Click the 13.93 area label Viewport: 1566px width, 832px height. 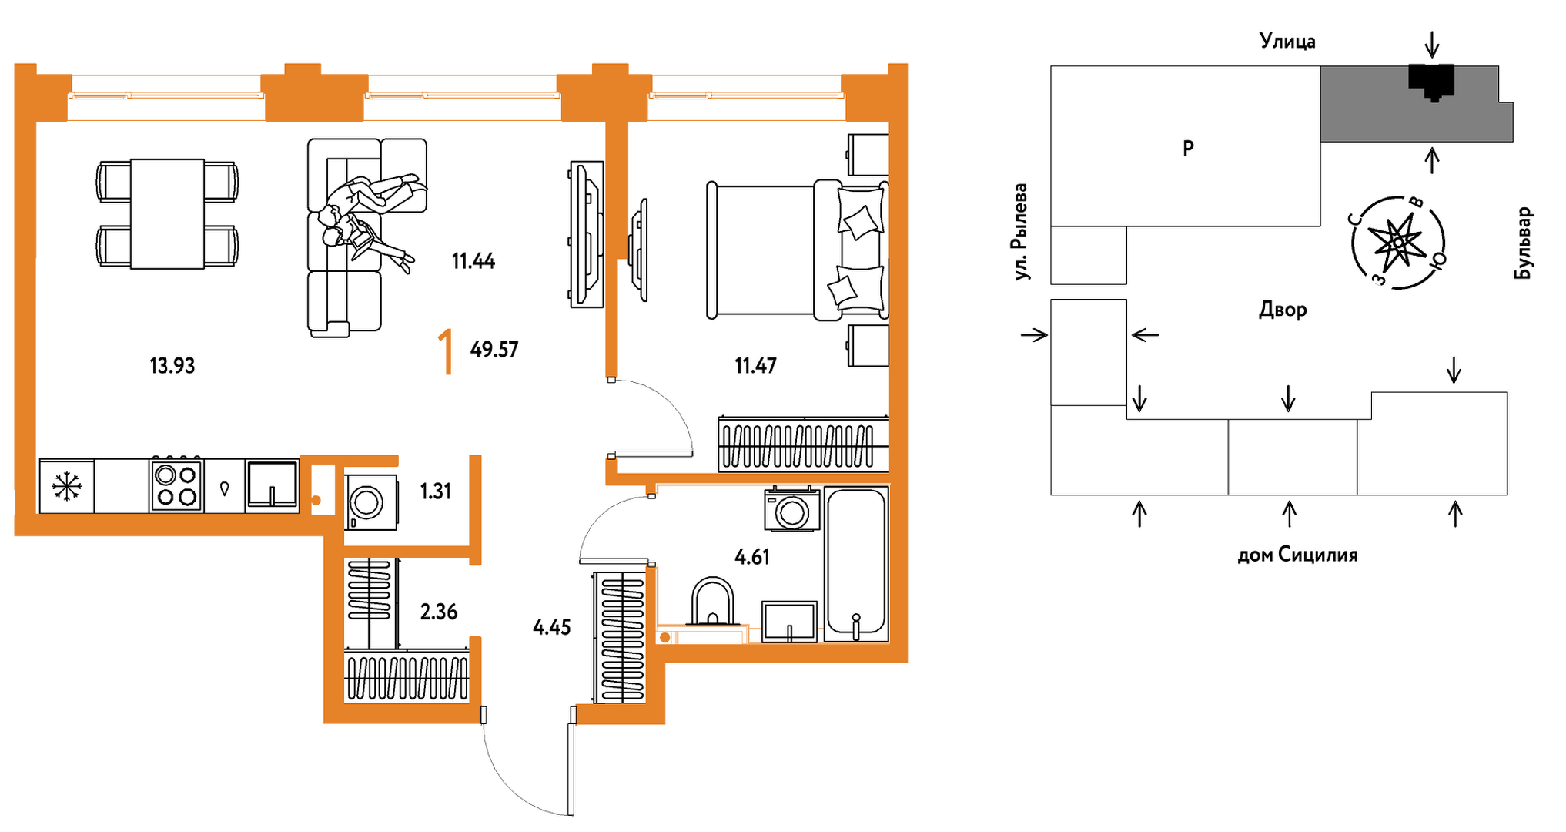(x=172, y=365)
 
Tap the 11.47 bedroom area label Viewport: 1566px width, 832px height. (x=755, y=365)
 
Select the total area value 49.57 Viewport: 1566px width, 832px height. (x=494, y=350)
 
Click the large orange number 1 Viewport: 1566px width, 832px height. (x=446, y=351)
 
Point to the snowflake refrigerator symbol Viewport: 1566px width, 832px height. (x=67, y=486)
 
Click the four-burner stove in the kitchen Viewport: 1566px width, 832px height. (x=176, y=485)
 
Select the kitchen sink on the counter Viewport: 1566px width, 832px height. (x=272, y=485)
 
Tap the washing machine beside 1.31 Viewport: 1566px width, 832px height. (x=371, y=502)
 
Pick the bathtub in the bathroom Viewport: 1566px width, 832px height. (x=856, y=564)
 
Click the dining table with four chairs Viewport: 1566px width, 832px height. (x=167, y=213)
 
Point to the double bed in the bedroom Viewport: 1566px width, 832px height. (x=798, y=250)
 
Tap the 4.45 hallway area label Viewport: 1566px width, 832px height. (x=552, y=627)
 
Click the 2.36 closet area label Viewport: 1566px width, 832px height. (x=438, y=612)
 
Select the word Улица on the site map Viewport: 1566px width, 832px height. (x=1287, y=40)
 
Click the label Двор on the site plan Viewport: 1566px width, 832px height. (x=1283, y=310)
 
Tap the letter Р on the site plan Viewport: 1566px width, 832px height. (x=1188, y=148)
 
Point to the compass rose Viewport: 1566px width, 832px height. (x=1397, y=243)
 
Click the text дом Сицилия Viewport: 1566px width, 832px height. (x=1297, y=555)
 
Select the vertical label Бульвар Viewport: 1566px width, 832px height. (x=1523, y=243)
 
